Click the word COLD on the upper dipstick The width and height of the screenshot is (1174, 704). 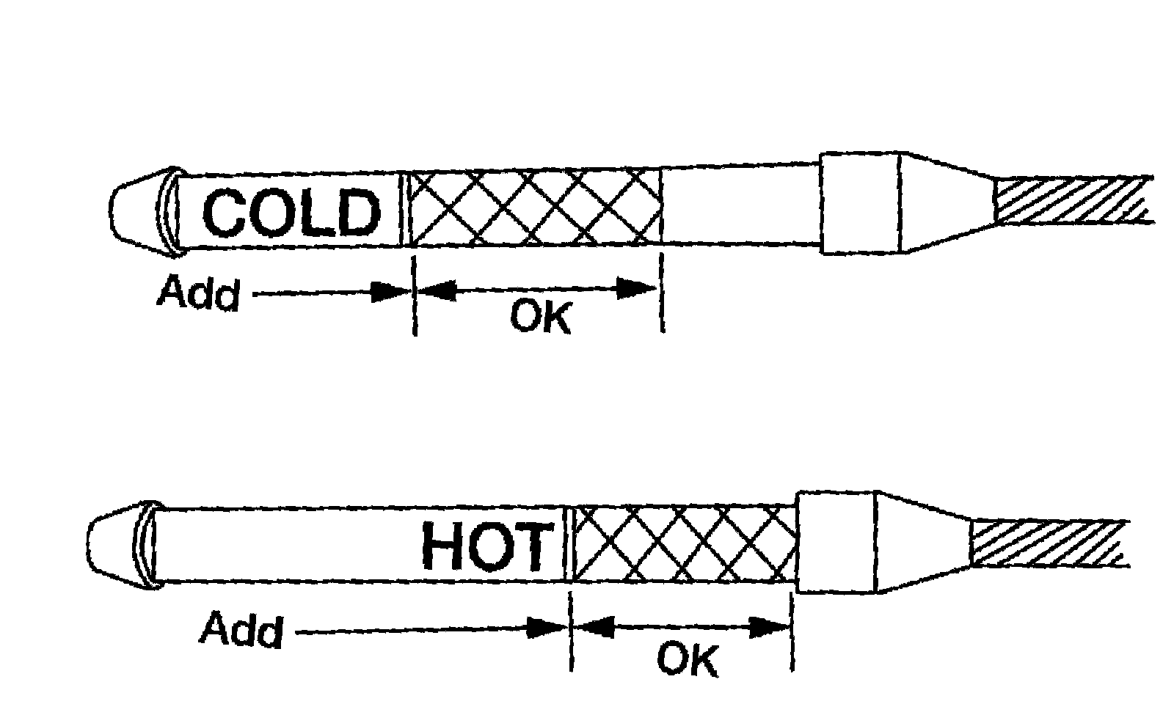click(x=291, y=213)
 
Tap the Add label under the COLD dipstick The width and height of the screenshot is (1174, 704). click(x=198, y=293)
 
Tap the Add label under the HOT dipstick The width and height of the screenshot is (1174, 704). click(x=241, y=629)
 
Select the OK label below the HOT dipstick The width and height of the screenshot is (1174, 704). click(x=687, y=659)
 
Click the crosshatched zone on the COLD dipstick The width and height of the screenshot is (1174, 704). click(x=534, y=208)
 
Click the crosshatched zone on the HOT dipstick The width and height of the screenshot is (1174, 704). click(x=684, y=544)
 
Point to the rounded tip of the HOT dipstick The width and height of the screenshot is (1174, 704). click(x=110, y=546)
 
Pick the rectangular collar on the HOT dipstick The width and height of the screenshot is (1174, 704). click(x=835, y=541)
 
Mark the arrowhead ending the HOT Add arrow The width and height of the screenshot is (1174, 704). click(x=547, y=628)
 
